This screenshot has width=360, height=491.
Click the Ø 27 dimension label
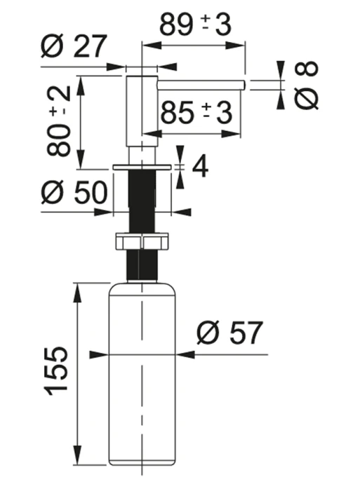(74, 46)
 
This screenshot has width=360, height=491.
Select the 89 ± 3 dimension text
(196, 25)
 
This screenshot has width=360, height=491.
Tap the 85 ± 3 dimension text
(196, 112)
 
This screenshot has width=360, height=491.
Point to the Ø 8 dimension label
(306, 85)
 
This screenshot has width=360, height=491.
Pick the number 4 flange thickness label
(200, 167)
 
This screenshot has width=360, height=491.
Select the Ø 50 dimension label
(74, 192)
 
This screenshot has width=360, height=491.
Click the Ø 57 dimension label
(229, 333)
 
